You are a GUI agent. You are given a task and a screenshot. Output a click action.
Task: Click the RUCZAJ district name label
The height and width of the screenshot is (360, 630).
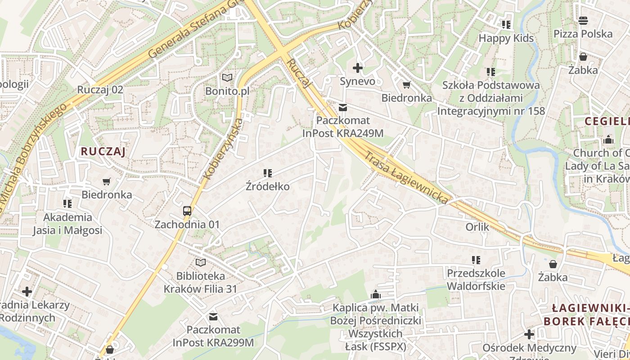[103, 152]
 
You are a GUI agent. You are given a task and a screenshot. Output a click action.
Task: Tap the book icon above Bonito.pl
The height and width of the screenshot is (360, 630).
[227, 78]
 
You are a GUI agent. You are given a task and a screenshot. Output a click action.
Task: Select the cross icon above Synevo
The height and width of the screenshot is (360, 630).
[358, 68]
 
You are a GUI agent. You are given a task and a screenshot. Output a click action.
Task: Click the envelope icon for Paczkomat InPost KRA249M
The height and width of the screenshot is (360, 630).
[343, 107]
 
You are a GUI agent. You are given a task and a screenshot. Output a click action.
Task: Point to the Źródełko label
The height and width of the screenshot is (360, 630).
[268, 186]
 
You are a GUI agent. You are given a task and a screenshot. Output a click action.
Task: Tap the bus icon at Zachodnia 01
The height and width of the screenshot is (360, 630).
[187, 211]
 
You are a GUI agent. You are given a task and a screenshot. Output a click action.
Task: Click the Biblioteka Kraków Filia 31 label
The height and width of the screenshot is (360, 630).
[200, 282]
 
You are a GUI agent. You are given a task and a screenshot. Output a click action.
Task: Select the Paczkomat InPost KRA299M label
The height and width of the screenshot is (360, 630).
[213, 336]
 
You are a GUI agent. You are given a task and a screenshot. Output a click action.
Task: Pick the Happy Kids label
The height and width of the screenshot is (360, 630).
[506, 38]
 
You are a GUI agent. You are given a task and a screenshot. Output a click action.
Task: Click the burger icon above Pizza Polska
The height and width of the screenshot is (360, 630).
[583, 20]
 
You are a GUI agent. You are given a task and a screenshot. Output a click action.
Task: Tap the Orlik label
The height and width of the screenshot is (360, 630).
[477, 227]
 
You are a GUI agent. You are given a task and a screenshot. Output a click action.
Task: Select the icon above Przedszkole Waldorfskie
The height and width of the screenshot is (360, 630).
[476, 260]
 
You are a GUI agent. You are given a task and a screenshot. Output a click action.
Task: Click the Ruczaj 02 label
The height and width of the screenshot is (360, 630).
[100, 89]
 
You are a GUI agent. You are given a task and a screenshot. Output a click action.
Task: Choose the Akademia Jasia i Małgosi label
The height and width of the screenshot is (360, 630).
[67, 224]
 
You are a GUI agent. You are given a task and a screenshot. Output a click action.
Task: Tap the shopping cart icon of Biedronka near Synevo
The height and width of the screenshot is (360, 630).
[407, 85]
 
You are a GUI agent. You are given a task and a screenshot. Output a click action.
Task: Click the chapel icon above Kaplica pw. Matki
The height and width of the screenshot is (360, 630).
[376, 295]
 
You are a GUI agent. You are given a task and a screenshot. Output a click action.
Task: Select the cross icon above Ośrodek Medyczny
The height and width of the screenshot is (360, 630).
[529, 334]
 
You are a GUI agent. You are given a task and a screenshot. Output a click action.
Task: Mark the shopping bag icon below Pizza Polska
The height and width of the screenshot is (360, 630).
[583, 57]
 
